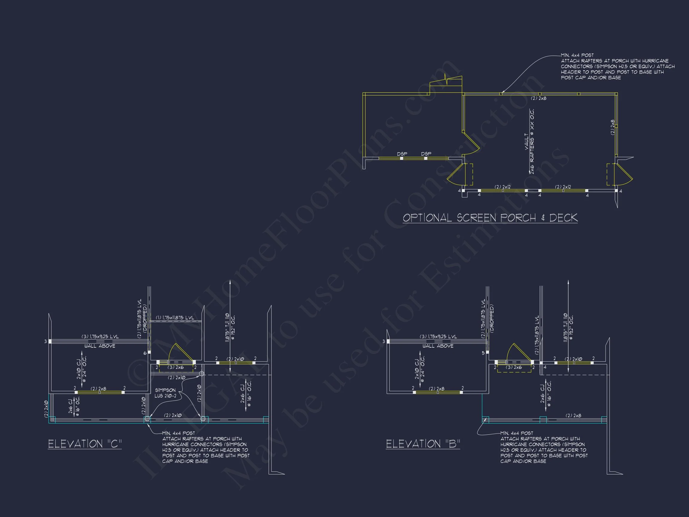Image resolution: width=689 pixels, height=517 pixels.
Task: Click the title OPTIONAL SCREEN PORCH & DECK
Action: click(x=490, y=218)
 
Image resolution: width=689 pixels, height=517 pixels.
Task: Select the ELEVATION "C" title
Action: click(x=85, y=443)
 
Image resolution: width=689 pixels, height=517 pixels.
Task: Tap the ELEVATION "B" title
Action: click(x=423, y=443)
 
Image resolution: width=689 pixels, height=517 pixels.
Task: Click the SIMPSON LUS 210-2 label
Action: click(x=165, y=393)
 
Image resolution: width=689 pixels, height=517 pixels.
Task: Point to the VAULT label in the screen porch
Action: click(x=526, y=142)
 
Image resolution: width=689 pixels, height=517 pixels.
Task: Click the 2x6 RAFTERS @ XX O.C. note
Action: click(x=532, y=142)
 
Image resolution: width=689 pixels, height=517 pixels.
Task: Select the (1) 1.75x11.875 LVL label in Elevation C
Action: click(x=175, y=317)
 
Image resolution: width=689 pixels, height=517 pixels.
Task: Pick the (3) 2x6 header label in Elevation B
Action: click(x=514, y=367)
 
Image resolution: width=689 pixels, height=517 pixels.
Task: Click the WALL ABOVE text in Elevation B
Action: click(x=438, y=346)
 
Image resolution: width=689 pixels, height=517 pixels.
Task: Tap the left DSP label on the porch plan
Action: click(x=402, y=154)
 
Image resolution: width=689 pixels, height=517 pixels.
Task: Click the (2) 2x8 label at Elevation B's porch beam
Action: click(x=573, y=415)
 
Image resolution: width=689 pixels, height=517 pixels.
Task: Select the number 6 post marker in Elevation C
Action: click(x=145, y=353)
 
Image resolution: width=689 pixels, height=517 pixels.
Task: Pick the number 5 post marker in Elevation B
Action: click(x=483, y=353)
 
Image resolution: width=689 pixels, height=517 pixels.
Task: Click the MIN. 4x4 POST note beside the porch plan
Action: click(x=577, y=55)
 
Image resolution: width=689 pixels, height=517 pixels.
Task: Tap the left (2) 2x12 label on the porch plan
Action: click(x=502, y=187)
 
